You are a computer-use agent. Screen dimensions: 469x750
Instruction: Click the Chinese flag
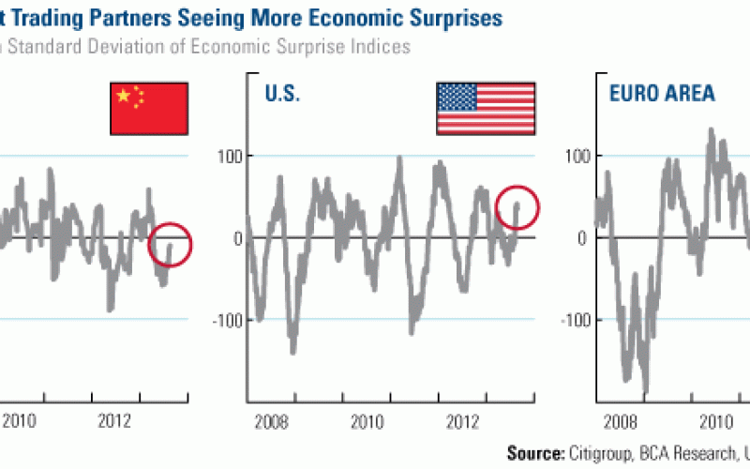(150, 107)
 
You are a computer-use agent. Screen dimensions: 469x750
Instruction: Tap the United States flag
(486, 107)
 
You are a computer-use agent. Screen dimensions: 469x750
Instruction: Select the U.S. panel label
(282, 94)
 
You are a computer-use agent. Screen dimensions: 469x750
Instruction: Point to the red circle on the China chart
(170, 245)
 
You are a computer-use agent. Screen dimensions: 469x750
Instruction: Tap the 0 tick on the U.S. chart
(238, 238)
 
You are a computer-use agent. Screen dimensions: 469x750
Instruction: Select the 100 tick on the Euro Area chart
(577, 156)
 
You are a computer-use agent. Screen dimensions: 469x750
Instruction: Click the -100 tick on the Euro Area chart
(575, 320)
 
